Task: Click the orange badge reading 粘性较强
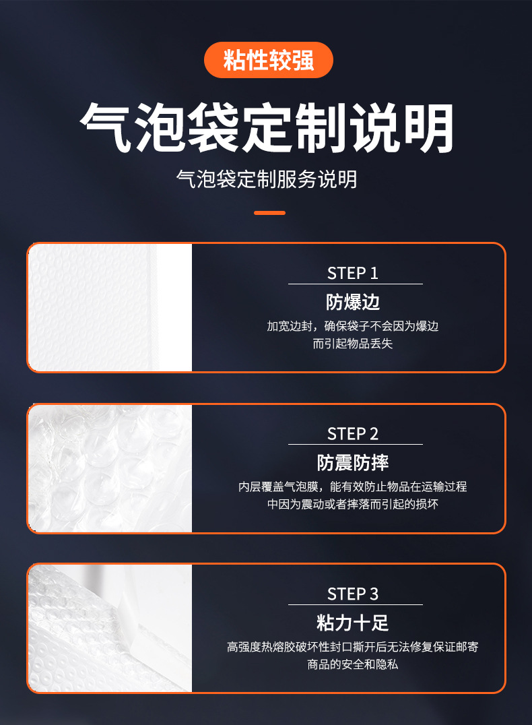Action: (269, 60)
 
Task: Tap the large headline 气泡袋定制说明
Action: (267, 127)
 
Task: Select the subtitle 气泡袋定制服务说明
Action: (267, 179)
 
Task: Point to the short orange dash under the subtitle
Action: (269, 213)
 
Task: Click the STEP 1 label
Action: (353, 274)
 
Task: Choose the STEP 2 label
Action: (353, 434)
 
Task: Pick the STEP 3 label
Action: (353, 594)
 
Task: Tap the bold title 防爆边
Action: (353, 302)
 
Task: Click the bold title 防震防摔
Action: (353, 462)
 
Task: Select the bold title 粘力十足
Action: (353, 623)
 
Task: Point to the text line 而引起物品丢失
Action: (353, 344)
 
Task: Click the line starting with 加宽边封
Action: (353, 326)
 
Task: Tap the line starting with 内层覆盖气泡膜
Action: (353, 486)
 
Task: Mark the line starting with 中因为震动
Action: (353, 504)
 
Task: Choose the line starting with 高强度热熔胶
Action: (353, 647)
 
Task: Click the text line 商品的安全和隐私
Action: (353, 664)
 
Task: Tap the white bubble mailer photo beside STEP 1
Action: (110, 307)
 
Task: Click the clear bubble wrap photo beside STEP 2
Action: (110, 468)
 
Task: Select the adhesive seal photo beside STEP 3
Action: (110, 628)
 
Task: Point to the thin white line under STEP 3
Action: (356, 604)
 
